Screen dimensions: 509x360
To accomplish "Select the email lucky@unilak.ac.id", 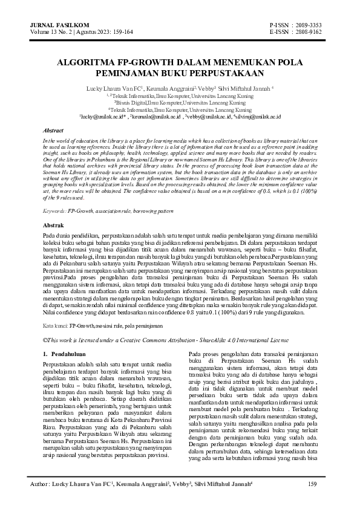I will (97, 116).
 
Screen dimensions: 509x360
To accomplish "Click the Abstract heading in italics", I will (53, 130).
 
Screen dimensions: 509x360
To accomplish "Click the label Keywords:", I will (54, 210).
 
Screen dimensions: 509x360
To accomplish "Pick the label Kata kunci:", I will (55, 325).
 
